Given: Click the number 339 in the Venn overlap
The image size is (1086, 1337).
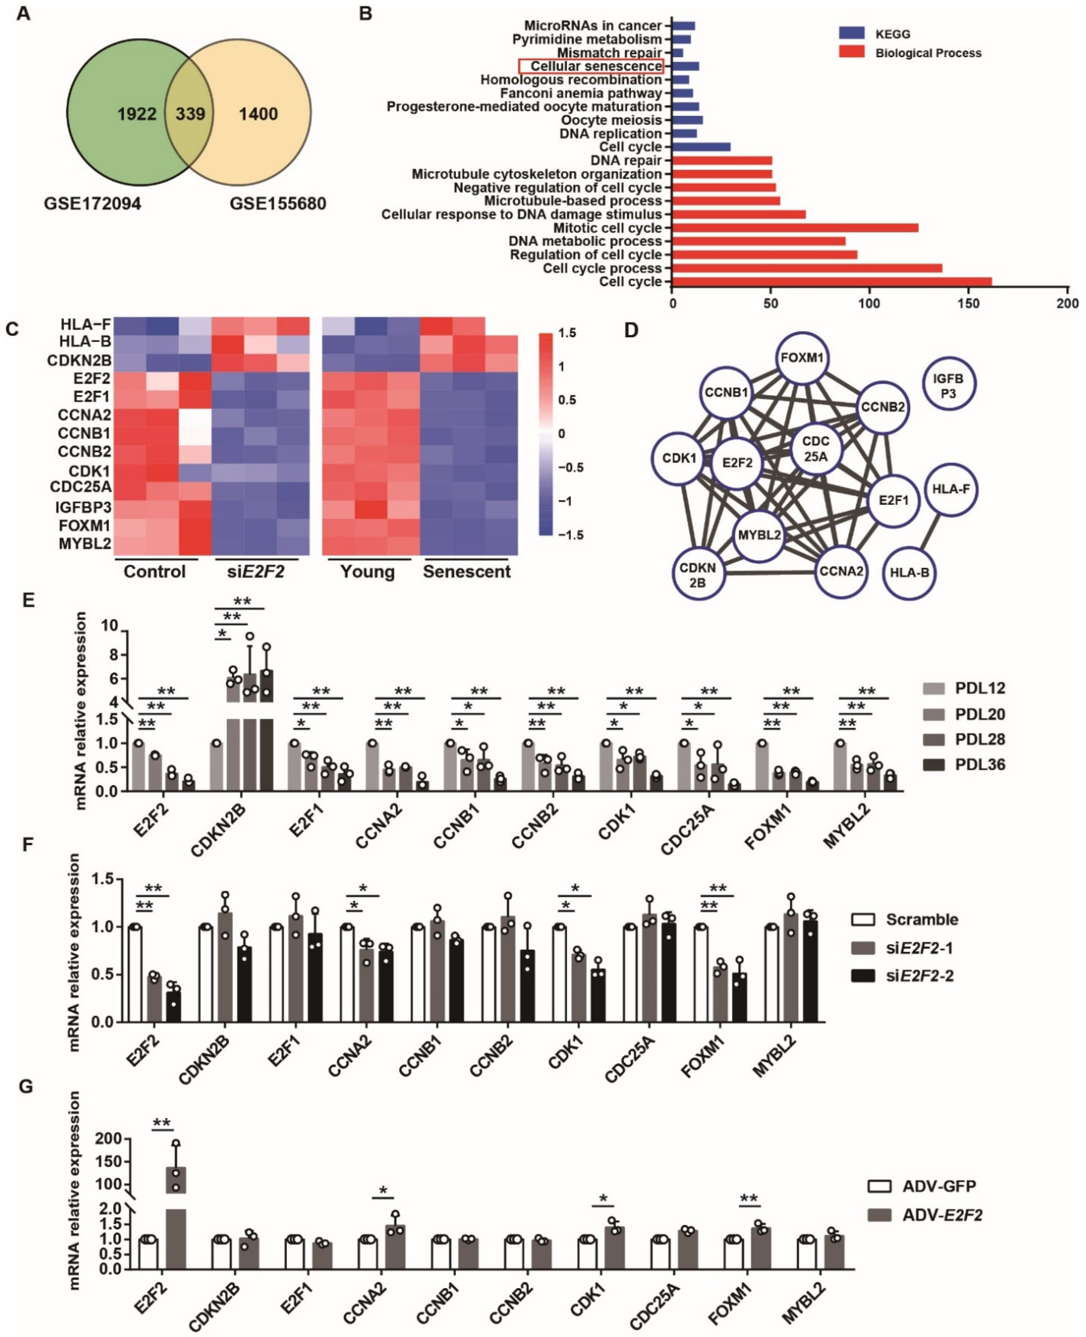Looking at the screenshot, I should pos(190,114).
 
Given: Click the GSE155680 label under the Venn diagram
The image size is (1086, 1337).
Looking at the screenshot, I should pos(278,204).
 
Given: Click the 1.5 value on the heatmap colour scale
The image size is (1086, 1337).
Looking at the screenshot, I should pos(567,333).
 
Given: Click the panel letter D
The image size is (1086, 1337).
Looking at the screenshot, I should pos(631,330).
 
